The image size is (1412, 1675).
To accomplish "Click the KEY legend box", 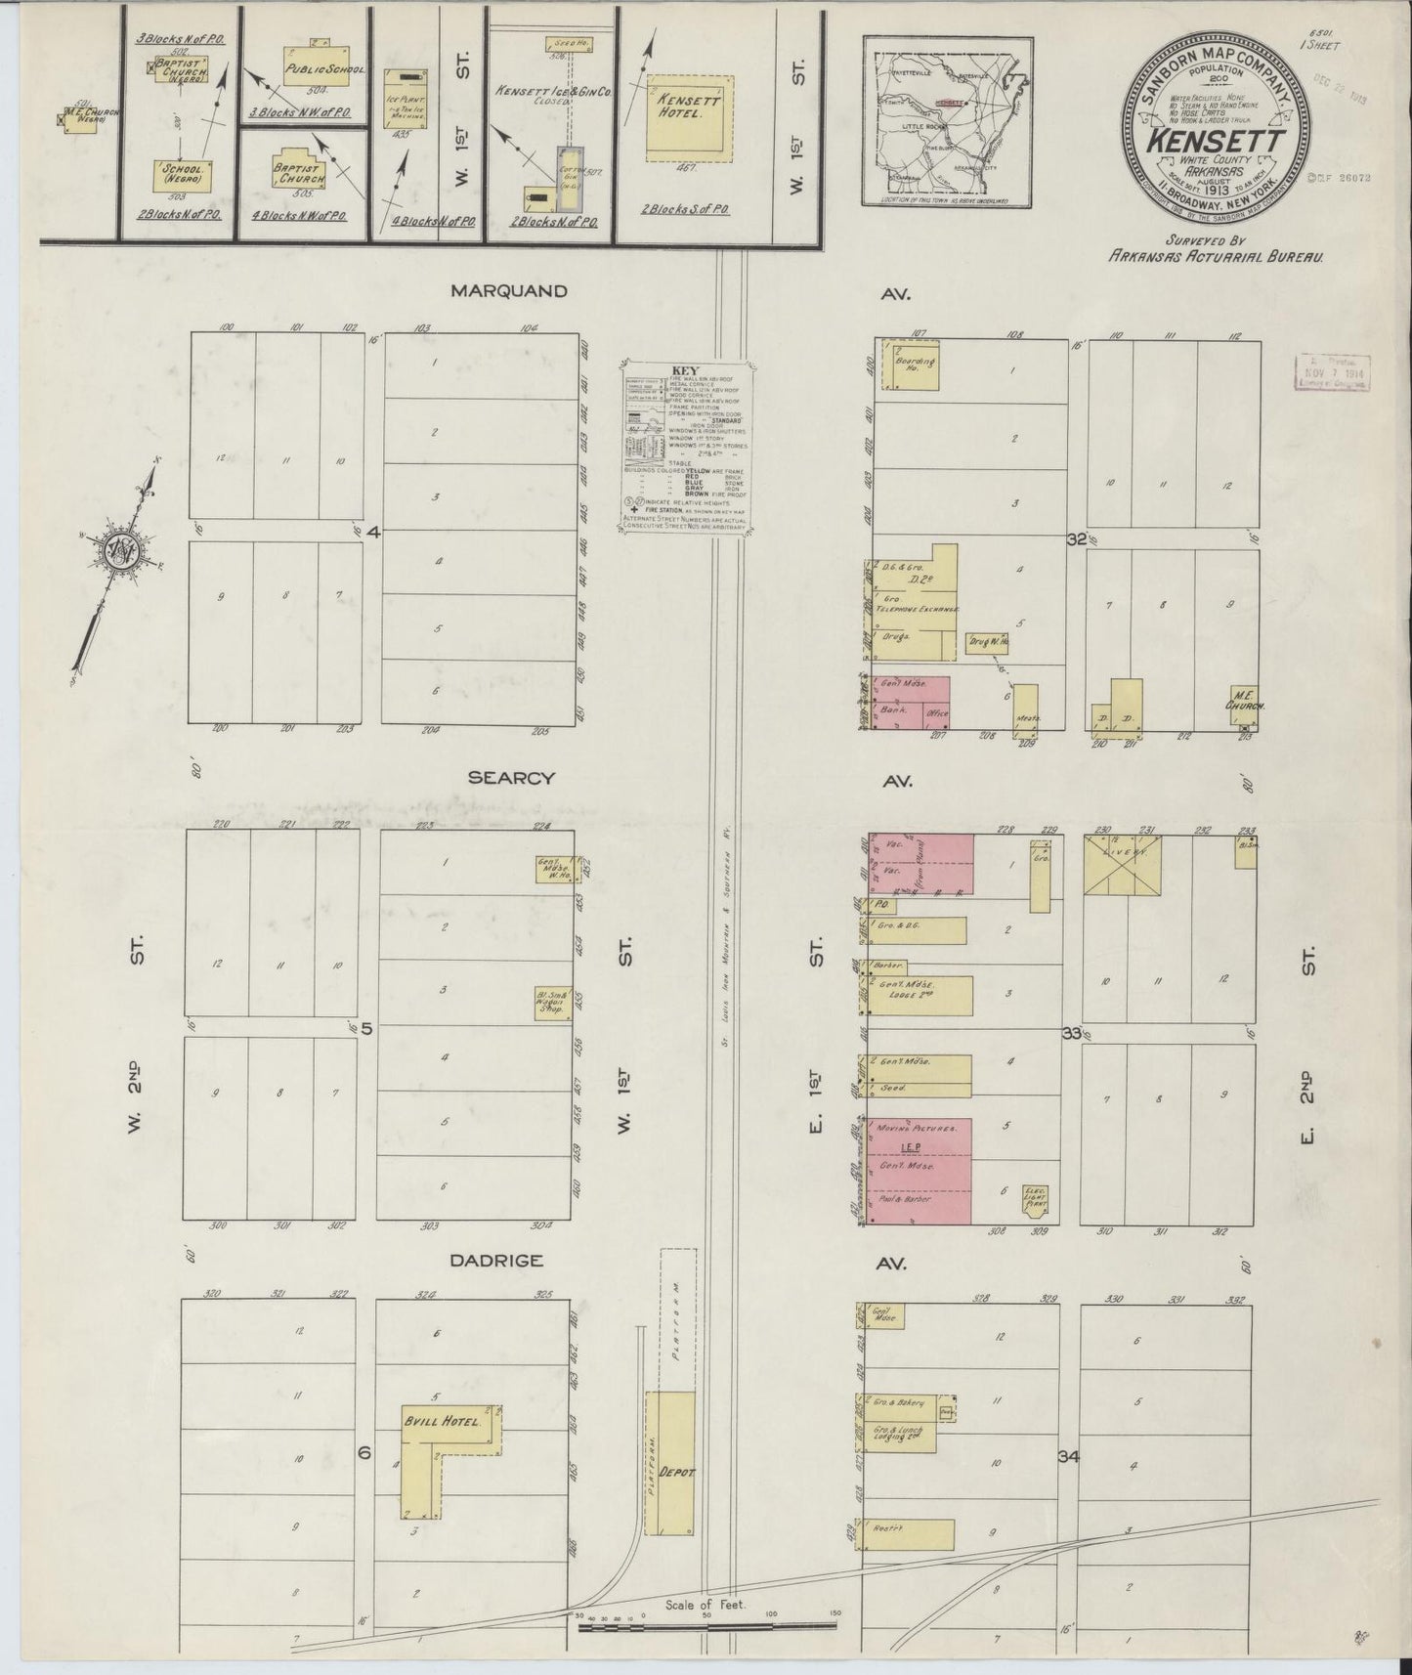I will (687, 447).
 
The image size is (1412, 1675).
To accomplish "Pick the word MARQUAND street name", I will (508, 291).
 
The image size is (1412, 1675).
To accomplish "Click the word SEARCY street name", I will (511, 778).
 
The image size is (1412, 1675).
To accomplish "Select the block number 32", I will (1077, 538).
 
